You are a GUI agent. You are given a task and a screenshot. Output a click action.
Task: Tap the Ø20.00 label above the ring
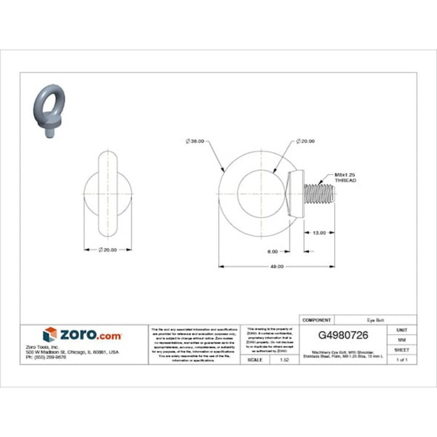(x=304, y=140)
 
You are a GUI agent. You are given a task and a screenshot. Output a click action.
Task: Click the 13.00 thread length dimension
(x=318, y=233)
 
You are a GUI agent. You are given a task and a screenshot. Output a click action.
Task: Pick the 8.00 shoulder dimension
(x=273, y=252)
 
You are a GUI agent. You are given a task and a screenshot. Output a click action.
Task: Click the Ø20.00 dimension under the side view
(x=108, y=250)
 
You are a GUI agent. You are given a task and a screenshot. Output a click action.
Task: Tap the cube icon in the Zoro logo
(x=50, y=335)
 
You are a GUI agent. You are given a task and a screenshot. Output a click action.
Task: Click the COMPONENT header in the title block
(x=316, y=320)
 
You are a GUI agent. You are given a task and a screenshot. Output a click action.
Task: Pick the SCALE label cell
(x=256, y=359)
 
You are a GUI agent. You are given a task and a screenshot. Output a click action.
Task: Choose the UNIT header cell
(x=402, y=329)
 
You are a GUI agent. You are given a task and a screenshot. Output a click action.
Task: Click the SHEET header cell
(x=402, y=349)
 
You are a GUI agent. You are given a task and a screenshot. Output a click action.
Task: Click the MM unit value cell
(x=402, y=339)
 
